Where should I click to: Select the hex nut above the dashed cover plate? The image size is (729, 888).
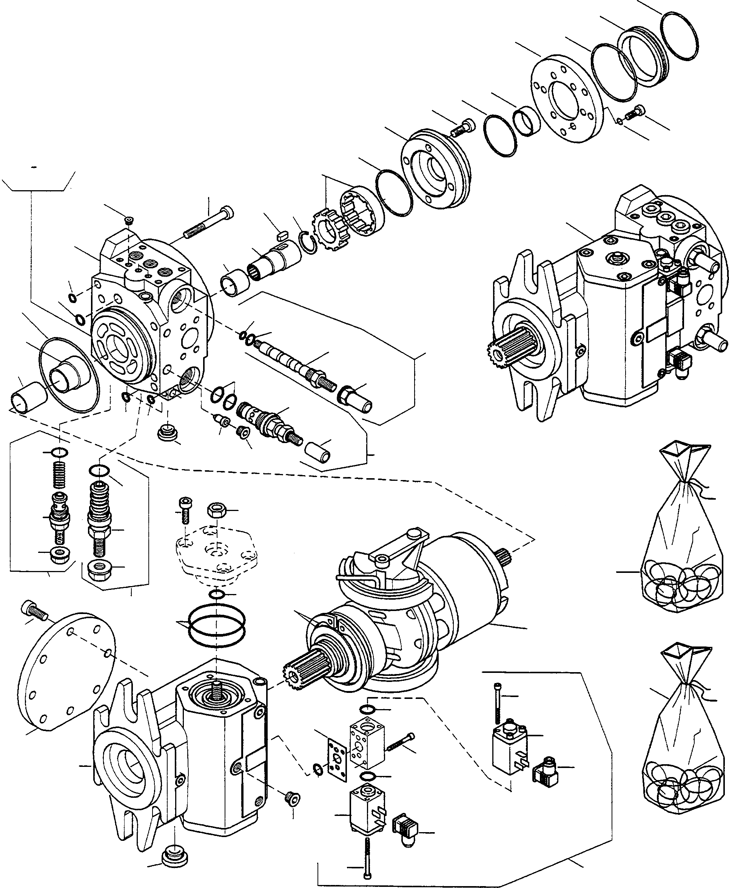217,510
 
